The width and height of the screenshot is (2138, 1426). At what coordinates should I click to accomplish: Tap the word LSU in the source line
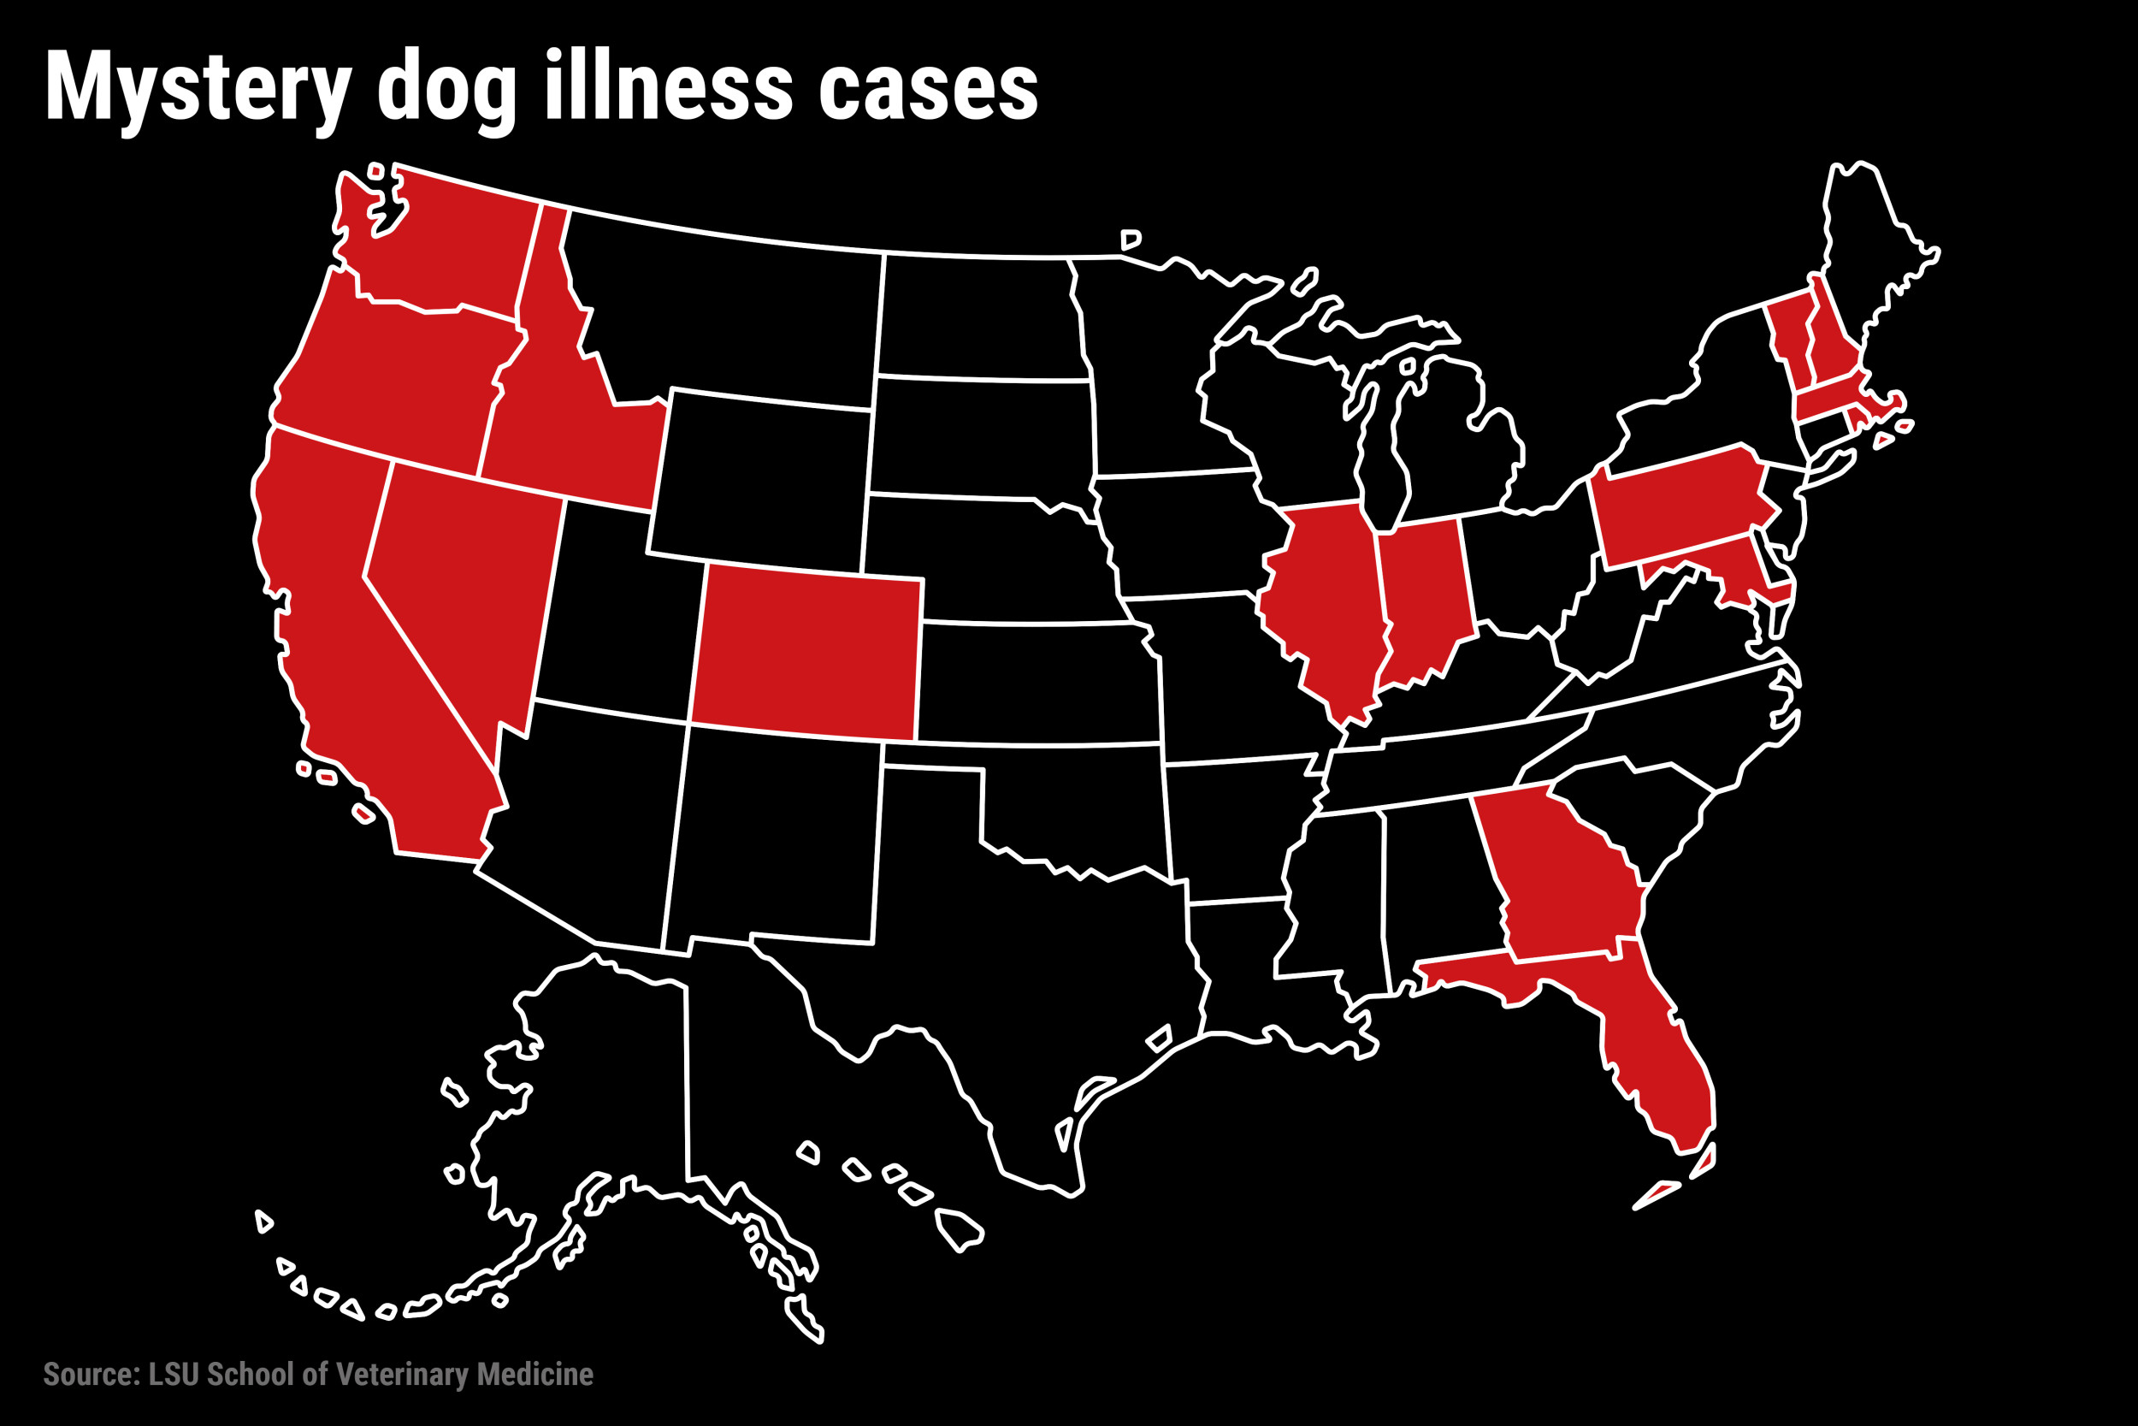pyautogui.click(x=174, y=1373)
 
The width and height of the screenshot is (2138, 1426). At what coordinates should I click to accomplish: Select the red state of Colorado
pyautogui.click(x=807, y=653)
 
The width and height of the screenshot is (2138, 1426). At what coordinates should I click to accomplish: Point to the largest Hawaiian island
pyautogui.click(x=958, y=1228)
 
